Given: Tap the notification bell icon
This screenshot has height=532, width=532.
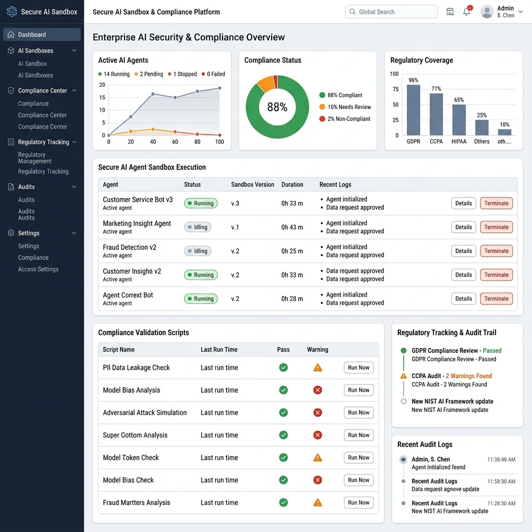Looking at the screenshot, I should pyautogui.click(x=467, y=11).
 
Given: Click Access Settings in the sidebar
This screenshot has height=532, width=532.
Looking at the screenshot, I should pyautogui.click(x=38, y=269).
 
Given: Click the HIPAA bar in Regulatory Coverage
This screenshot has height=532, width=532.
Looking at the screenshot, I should pyautogui.click(x=459, y=120).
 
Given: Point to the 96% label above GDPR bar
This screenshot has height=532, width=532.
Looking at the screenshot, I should pyautogui.click(x=413, y=80).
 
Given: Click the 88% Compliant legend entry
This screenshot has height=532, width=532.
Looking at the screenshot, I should pyautogui.click(x=344, y=95).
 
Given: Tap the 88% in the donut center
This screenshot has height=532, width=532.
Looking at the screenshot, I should pyautogui.click(x=277, y=107).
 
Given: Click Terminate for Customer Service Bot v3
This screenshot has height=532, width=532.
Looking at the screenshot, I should pyautogui.click(x=496, y=203).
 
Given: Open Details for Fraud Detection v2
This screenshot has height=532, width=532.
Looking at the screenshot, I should pyautogui.click(x=463, y=251).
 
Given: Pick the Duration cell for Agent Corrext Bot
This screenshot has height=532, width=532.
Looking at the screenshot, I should pyautogui.click(x=292, y=299).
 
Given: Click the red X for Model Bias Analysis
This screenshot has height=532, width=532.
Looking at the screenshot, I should pyautogui.click(x=317, y=390).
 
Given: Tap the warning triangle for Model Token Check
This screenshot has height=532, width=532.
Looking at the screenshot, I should pyautogui.click(x=317, y=458).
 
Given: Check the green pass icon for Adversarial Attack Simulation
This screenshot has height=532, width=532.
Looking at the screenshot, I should pyautogui.click(x=283, y=413).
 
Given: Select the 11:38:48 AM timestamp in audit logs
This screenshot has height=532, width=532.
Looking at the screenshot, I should pyautogui.click(x=501, y=460).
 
